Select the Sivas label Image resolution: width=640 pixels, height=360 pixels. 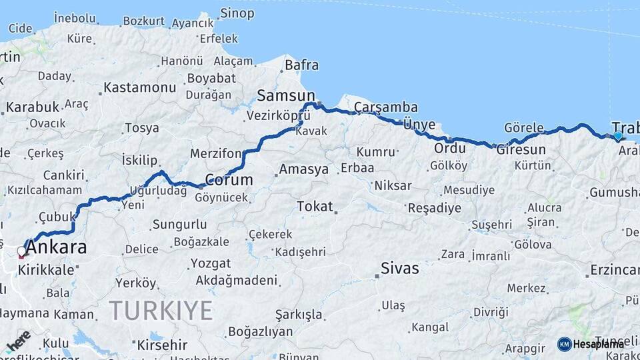pos(400,269)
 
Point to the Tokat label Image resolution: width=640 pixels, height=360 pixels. pos(315,207)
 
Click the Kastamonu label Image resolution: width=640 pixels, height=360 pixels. pos(139,87)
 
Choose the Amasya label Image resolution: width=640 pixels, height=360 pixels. pos(303,169)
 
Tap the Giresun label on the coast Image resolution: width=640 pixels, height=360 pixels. pos(521,150)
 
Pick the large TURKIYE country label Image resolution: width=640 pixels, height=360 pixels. pos(161,310)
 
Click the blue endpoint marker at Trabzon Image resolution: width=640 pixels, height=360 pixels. pos(618,136)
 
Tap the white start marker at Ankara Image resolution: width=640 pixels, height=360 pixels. pos(21,251)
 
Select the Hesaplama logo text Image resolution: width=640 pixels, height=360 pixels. pos(598,344)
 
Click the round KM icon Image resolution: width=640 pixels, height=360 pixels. pos(564,344)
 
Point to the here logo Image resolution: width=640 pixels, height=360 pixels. pos(18,341)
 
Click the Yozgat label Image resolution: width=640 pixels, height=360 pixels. pos(211,263)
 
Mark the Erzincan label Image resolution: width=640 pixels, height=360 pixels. pos(614,271)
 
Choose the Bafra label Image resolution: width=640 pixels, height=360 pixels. pos(301,65)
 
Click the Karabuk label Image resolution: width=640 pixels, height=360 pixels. pos(33,107)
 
